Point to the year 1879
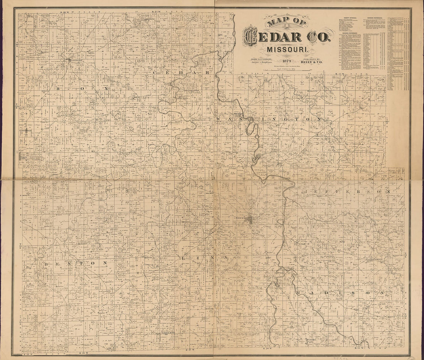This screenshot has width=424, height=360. pyautogui.click(x=287, y=61)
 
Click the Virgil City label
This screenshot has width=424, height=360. pyautogui.click(x=24, y=158)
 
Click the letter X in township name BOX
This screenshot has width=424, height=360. pyautogui.click(x=104, y=89)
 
